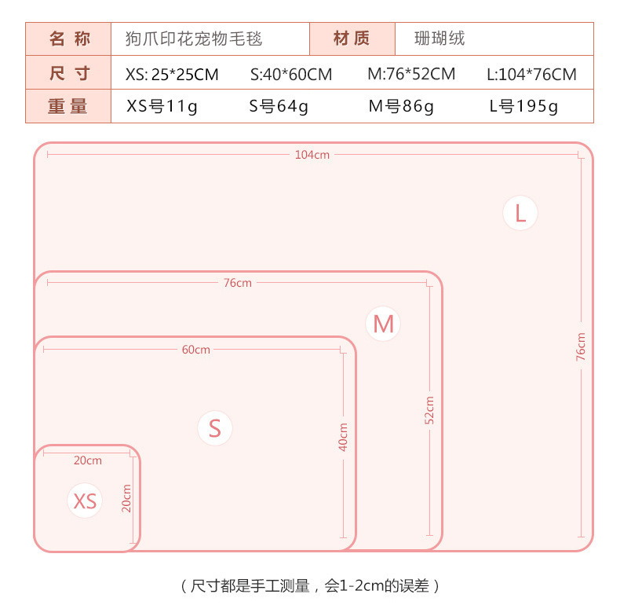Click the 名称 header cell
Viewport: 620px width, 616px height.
point(70,38)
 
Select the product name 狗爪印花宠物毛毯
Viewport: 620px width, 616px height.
point(194,38)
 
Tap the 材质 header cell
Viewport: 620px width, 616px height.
point(351,38)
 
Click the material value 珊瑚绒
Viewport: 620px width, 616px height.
point(439,38)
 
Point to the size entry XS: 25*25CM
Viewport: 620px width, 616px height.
point(172,75)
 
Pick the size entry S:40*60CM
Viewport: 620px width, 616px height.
point(291,75)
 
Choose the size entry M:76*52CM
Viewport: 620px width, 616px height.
point(411,75)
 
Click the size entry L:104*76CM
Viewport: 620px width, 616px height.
point(531,75)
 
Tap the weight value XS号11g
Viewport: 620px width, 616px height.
point(162,107)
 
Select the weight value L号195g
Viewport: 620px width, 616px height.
point(523,107)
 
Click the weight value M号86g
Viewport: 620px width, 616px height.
point(401,107)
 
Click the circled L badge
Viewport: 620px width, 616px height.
point(520,213)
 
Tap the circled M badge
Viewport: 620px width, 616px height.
point(383,324)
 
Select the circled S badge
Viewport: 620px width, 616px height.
point(215,428)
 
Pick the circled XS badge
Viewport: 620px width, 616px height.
point(85,500)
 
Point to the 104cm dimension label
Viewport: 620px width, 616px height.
point(312,155)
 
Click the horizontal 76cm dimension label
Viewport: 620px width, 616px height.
point(237,283)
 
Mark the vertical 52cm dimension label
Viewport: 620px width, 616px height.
point(429,410)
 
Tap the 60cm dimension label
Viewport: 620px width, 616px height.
point(195,350)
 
